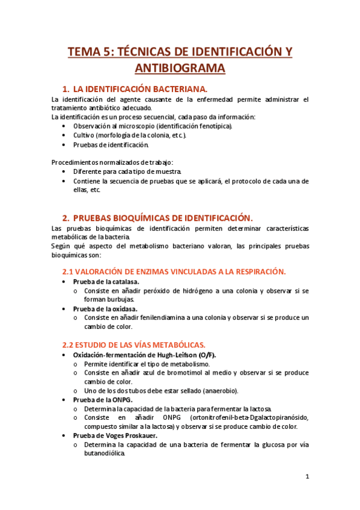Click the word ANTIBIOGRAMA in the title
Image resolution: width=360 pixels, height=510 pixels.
180,68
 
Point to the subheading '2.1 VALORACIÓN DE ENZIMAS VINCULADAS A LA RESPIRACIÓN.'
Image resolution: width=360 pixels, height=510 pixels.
174,271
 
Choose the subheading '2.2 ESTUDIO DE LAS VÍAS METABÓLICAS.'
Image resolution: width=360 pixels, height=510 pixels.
134,345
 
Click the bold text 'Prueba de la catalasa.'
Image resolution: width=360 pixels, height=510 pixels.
106,281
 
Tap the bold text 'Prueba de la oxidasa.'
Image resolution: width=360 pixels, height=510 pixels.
105,309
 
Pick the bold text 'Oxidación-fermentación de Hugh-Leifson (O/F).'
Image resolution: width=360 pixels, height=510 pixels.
144,355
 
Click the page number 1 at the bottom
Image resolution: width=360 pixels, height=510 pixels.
307,477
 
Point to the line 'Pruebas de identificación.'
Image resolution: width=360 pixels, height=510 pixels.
111,144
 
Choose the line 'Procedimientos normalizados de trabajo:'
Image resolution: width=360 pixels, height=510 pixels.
112,162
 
